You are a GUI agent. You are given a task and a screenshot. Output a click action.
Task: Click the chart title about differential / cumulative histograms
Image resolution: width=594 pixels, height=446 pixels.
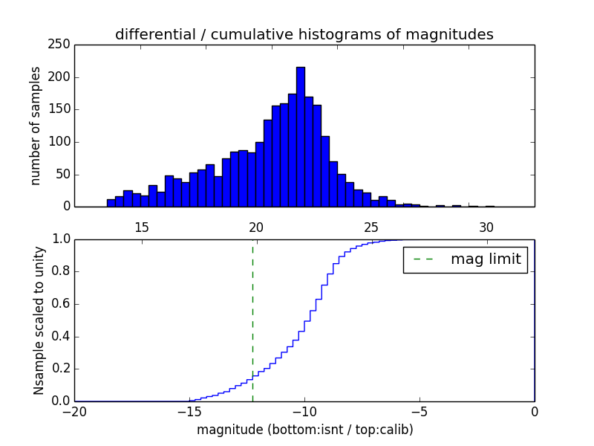(x=304, y=34)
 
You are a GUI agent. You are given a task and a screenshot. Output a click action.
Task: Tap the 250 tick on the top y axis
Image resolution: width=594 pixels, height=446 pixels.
(x=62, y=45)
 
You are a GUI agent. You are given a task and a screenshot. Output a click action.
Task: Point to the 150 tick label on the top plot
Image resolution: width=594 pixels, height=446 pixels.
(x=62, y=109)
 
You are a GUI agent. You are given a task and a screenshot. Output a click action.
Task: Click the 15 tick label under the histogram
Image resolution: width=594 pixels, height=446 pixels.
(x=141, y=227)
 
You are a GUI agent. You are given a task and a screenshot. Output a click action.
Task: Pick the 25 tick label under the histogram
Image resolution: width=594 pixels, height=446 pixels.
(x=371, y=227)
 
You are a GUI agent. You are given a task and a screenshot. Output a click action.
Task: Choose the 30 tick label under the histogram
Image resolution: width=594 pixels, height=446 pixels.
(x=486, y=227)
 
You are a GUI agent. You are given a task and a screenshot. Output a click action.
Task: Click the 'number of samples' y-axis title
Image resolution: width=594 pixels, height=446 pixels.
(x=35, y=125)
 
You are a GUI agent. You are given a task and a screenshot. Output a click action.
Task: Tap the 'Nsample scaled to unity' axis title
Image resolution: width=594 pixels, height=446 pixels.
(x=39, y=320)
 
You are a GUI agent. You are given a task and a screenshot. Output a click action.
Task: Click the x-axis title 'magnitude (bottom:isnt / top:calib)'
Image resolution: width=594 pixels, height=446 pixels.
(x=304, y=430)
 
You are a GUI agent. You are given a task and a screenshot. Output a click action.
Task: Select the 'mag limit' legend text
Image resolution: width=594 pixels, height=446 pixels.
(x=486, y=259)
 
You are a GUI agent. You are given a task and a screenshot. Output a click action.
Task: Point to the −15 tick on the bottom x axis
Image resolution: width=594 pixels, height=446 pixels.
(x=189, y=411)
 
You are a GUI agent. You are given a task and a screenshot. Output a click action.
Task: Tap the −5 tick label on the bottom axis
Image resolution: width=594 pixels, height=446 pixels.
(x=420, y=411)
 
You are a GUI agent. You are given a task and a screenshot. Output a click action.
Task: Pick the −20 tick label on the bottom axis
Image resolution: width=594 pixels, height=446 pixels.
(x=74, y=411)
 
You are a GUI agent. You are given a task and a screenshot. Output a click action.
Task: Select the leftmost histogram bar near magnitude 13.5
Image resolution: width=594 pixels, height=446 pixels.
(x=111, y=203)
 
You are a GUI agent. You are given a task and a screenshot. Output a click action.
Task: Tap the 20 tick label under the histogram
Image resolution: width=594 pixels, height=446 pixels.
(x=256, y=227)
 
